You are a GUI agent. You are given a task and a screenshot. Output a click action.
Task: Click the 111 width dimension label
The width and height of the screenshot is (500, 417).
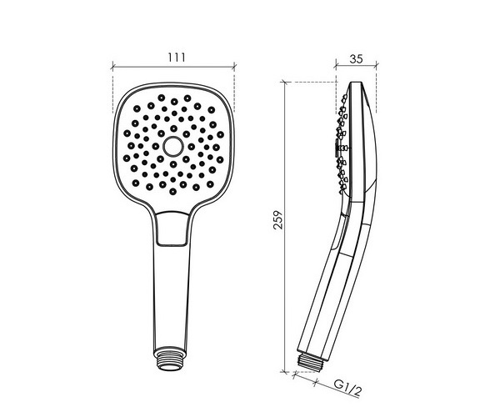177,58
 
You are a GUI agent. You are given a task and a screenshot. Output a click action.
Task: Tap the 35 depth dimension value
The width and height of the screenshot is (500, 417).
356,59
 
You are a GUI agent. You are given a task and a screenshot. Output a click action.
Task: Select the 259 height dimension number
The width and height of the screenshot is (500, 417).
277,219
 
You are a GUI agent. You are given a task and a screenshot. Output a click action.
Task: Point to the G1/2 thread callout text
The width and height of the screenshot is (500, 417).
348,387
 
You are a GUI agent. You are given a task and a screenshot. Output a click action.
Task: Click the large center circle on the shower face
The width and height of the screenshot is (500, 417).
173,147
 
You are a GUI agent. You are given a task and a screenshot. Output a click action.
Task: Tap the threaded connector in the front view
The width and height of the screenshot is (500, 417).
169,360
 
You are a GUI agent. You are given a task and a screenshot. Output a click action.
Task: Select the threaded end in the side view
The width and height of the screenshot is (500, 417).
310,360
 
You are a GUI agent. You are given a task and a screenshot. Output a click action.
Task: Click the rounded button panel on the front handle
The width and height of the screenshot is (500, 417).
172,229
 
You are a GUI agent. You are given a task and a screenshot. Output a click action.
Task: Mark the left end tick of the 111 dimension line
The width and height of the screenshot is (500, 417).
112,68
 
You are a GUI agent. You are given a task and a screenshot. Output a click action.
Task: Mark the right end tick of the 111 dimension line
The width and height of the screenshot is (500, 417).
234,67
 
